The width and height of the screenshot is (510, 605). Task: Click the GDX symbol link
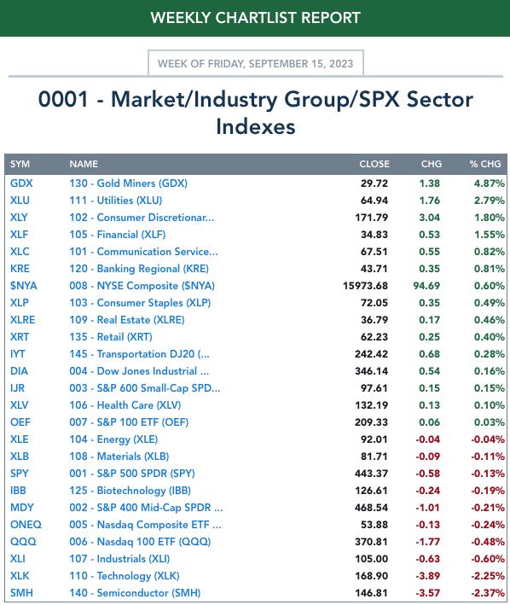pyautogui.click(x=21, y=183)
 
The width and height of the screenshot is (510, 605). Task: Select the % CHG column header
pyautogui.click(x=485, y=164)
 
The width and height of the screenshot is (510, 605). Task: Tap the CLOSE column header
pyautogui.click(x=374, y=164)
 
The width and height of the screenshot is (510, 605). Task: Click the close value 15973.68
pyautogui.click(x=365, y=286)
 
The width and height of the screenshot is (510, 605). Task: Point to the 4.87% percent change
pyautogui.click(x=490, y=183)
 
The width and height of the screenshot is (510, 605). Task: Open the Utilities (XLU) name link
pyautogui.click(x=116, y=201)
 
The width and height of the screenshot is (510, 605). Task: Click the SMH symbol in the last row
pyautogui.click(x=21, y=593)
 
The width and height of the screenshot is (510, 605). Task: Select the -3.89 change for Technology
pyautogui.click(x=427, y=576)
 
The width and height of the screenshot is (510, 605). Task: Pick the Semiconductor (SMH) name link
pyautogui.click(x=135, y=593)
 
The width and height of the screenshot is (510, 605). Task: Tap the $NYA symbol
pyautogui.click(x=24, y=286)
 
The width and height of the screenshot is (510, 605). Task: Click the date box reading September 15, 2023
pyautogui.click(x=256, y=63)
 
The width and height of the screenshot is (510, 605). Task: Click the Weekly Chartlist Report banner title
pyautogui.click(x=255, y=18)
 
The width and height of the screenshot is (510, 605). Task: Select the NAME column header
pyautogui.click(x=84, y=164)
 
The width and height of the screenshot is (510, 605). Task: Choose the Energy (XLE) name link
pyautogui.click(x=113, y=439)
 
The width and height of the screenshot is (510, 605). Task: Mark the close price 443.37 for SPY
pyautogui.click(x=371, y=474)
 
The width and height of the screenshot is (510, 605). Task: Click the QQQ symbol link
pyautogui.click(x=23, y=542)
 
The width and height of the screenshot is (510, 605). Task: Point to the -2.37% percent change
pyautogui.click(x=488, y=593)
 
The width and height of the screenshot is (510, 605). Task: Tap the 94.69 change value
pyautogui.click(x=426, y=286)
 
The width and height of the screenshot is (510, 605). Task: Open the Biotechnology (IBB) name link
pyautogui.click(x=130, y=491)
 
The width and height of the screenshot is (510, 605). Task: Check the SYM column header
pyautogui.click(x=20, y=164)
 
